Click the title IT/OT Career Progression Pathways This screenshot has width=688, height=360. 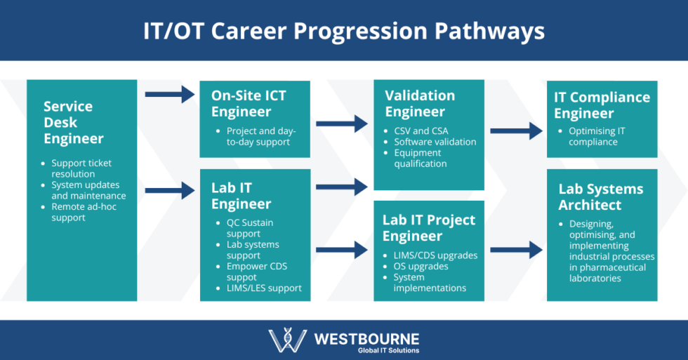pyautogui.click(x=344, y=31)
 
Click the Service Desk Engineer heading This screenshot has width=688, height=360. pyautogui.click(x=73, y=122)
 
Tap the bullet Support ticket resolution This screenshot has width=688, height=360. pyautogui.click(x=81, y=168)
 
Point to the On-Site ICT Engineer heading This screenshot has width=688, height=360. pyautogui.click(x=249, y=103)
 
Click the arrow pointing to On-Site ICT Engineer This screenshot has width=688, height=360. pyautogui.click(x=169, y=93)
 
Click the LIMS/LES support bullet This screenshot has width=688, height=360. pyautogui.click(x=264, y=288)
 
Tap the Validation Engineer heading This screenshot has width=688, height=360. pyautogui.click(x=420, y=103)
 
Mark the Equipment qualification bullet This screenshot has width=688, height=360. pyautogui.click(x=420, y=158)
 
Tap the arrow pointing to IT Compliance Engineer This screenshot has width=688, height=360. pyautogui.click(x=516, y=131)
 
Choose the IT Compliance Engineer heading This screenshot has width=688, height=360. pyautogui.click(x=602, y=105)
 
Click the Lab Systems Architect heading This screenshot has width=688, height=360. pyautogui.click(x=600, y=196)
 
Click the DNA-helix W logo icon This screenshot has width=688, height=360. pyautogui.click(x=287, y=340)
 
